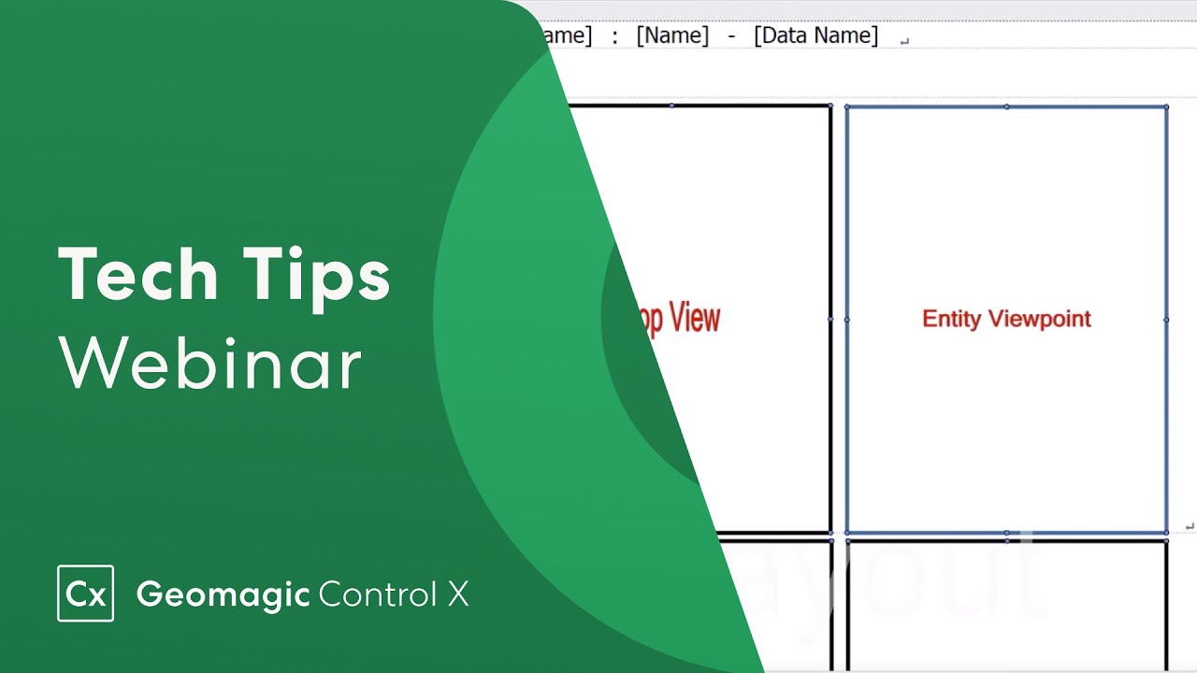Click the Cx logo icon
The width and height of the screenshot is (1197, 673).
point(85,594)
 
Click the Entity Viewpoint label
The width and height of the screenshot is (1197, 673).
point(1006,319)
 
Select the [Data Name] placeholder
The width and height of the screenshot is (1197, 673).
point(815,36)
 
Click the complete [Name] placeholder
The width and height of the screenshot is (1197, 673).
point(672,36)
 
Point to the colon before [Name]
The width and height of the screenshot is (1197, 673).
point(614,36)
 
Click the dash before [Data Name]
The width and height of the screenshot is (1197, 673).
point(731,36)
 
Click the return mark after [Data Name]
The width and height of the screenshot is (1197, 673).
point(903,40)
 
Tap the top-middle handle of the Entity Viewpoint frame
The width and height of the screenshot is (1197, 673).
point(1006,107)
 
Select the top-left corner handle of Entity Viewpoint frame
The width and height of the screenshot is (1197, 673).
point(847,107)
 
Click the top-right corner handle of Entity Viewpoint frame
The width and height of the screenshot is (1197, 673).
point(1166,107)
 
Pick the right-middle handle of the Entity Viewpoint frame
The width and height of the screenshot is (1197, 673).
point(1166,320)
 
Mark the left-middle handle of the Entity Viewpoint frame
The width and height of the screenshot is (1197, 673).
point(847,320)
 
